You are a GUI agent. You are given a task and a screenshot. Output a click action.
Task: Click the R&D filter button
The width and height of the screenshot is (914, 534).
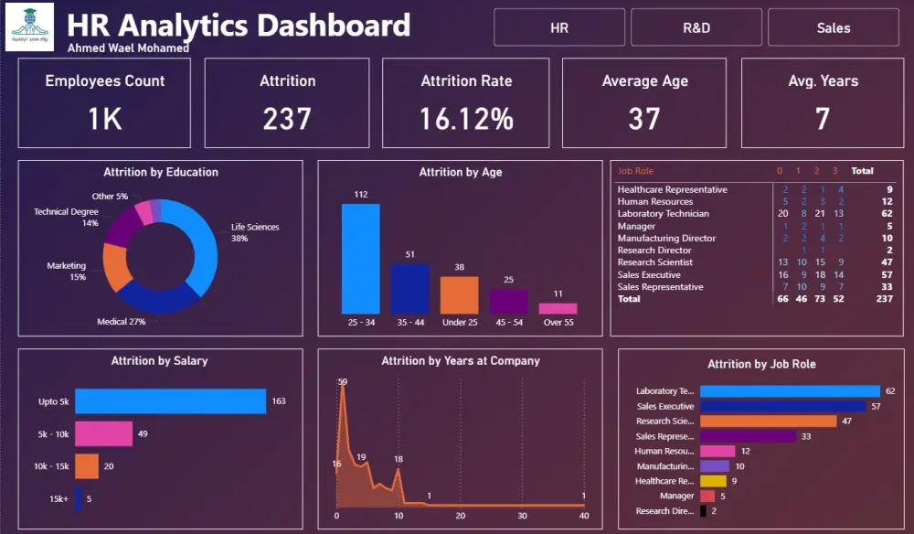(x=696, y=27)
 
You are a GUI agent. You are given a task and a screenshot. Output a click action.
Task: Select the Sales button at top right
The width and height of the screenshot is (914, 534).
(x=833, y=27)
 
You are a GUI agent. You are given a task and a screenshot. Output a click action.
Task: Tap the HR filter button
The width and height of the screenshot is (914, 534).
(x=559, y=27)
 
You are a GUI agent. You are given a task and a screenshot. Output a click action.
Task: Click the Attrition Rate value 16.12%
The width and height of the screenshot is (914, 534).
(x=466, y=118)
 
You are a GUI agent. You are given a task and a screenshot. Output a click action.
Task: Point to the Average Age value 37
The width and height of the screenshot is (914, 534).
(x=644, y=118)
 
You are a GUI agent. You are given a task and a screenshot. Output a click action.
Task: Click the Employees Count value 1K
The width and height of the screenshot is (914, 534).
(x=105, y=118)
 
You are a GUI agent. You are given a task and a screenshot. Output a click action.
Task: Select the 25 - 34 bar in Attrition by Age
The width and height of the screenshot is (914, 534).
(x=360, y=259)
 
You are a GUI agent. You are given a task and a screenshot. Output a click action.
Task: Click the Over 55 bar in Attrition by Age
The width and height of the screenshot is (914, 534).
(x=557, y=308)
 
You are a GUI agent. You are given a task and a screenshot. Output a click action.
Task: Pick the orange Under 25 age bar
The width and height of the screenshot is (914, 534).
(x=459, y=295)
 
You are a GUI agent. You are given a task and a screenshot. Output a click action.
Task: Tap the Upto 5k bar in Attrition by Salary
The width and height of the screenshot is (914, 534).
(x=170, y=400)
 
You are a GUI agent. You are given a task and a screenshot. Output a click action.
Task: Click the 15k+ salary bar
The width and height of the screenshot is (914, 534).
(x=79, y=498)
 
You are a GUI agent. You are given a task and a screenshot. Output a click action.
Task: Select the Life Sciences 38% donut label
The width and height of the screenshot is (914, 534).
(x=255, y=232)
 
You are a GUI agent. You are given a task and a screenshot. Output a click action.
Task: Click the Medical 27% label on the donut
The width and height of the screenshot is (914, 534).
(x=122, y=322)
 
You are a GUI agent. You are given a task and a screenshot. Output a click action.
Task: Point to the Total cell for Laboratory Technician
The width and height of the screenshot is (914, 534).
(x=887, y=214)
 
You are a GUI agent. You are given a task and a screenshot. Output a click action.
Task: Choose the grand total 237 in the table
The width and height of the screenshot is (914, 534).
(x=884, y=299)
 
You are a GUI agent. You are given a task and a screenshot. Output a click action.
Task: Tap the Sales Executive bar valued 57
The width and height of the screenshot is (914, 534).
(x=782, y=406)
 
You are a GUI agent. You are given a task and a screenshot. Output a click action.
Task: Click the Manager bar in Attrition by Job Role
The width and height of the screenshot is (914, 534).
(x=707, y=496)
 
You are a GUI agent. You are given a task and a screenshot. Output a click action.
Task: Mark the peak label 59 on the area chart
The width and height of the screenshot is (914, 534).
(x=343, y=382)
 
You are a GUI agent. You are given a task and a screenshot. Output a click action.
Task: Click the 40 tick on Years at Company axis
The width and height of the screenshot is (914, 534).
(x=584, y=516)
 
